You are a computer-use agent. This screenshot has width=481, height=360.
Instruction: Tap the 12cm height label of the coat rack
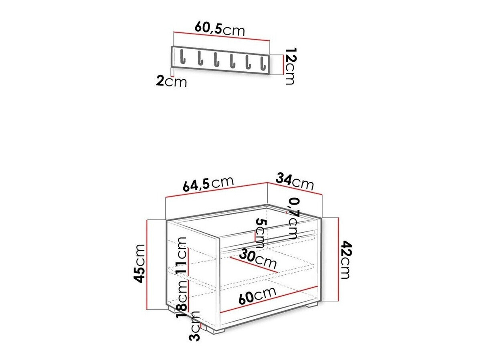click(289, 66)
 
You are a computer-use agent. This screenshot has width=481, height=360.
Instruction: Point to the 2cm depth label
click(171, 82)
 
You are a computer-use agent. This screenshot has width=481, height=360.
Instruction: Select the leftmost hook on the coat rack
click(182, 57)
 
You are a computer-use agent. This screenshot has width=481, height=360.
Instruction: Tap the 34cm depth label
click(295, 181)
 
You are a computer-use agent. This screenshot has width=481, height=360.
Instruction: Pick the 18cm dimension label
click(182, 296)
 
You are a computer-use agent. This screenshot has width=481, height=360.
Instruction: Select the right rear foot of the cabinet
click(311, 305)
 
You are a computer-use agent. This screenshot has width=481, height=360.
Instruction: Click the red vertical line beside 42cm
click(339, 259)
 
